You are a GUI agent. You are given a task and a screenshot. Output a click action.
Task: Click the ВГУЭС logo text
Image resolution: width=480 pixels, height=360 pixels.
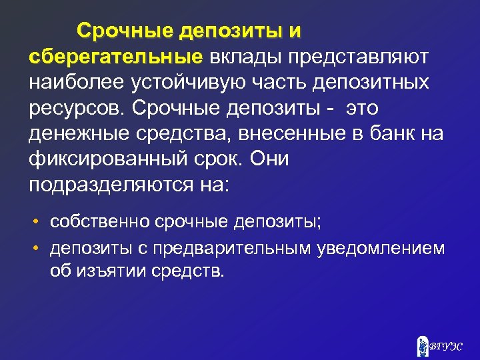445,345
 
